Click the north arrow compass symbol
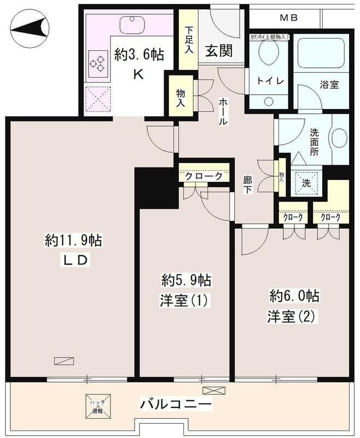(30, 27)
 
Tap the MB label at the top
(289, 18)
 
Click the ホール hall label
(224, 111)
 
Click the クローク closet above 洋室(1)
(203, 177)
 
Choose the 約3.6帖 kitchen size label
(140, 55)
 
